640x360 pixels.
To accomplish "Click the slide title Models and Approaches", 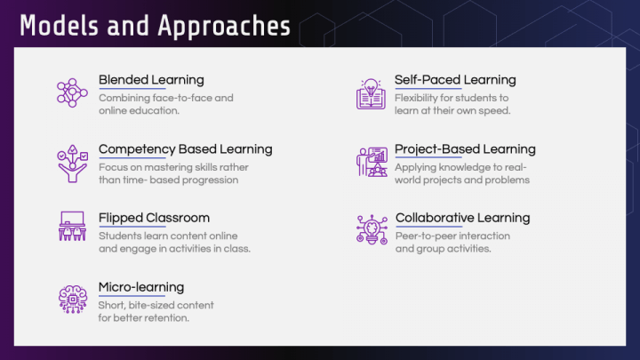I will pos(155,26).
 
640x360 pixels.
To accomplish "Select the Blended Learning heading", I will pos(151,80).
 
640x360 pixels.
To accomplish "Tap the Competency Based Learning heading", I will pos(185,148).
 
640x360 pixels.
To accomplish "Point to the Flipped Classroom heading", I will pos(154,218).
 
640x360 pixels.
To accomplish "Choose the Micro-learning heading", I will pos(141,287).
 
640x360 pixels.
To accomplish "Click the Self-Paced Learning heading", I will pos(455,80).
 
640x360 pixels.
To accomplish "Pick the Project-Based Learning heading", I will pos(465,148).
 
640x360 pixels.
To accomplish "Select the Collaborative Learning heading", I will pos(462,218).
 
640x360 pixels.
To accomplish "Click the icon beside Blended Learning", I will pos(72,92).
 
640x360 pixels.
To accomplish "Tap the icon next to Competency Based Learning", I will pos(72,162).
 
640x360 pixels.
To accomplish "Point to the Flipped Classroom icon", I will pos(72,228).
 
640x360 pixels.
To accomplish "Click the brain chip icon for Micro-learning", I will pos(72,297).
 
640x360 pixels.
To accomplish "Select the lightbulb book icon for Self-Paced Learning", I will pos(371,93).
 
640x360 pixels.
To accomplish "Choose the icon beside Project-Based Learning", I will pos(371,162).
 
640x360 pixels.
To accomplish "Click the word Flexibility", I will pos(417,98).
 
